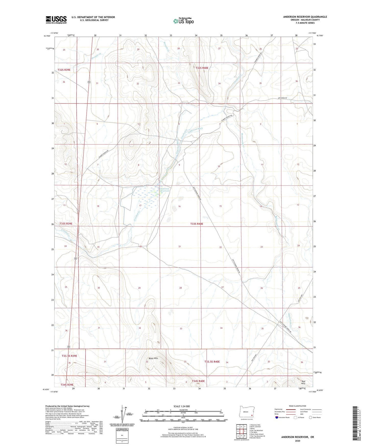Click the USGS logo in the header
coord(56,20)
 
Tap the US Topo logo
coord(183,21)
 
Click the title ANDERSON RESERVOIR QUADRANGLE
coord(305,17)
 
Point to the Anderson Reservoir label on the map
coord(165,190)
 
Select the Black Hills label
coord(153,358)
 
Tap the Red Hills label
coord(303,382)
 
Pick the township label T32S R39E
coord(64,69)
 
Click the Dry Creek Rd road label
coord(282,98)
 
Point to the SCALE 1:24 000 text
coord(182,406)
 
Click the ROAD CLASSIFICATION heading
coord(297,406)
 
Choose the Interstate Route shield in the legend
coord(277,417)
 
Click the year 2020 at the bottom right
coord(297,441)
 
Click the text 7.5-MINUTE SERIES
coord(305,23)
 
